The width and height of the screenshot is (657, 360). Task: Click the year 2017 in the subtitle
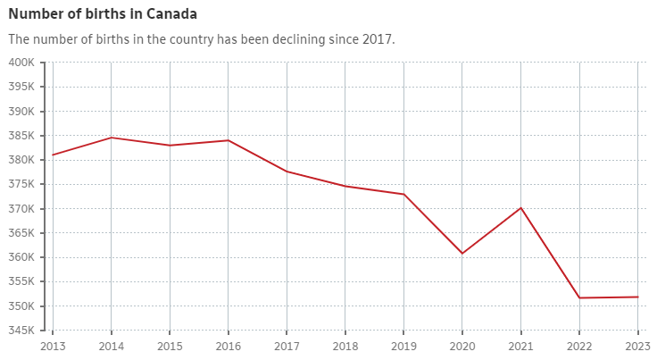point(377,39)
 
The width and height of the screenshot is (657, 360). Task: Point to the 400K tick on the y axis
point(21,63)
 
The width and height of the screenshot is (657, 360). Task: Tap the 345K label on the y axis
point(21,331)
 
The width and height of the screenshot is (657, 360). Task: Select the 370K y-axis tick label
point(21,209)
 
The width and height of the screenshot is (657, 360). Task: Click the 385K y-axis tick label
point(21,136)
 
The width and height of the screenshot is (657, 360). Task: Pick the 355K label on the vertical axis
point(21,282)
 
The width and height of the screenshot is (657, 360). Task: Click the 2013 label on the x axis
point(53,347)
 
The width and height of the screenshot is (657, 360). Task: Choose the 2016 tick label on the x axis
point(229,347)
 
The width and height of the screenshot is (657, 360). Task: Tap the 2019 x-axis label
point(403,347)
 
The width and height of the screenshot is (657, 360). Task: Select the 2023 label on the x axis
point(638,347)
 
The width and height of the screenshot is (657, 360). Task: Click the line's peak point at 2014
point(112,138)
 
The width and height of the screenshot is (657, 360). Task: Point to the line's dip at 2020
point(462,254)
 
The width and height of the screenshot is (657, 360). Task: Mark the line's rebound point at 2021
point(521,207)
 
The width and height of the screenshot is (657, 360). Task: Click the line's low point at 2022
point(579,297)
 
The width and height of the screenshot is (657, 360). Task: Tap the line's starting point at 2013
point(53,155)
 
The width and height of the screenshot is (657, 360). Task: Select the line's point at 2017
point(287,172)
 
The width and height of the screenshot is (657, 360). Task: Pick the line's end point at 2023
point(638,297)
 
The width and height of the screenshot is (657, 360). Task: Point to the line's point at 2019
point(403,194)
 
